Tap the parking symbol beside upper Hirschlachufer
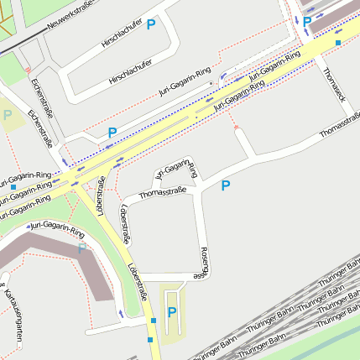pyautogui.click(x=151, y=25)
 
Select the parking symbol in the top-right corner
pyautogui.click(x=307, y=22)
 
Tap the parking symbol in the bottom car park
pyautogui.click(x=172, y=312)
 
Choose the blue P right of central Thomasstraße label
pyautogui.click(x=225, y=185)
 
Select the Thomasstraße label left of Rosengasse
pyautogui.click(x=162, y=192)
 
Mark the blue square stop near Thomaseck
pyautogui.click(x=338, y=42)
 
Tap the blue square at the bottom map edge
pyautogui.click(x=151, y=341)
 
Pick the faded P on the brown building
pyautogui.click(x=81, y=248)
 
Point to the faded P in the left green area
pyautogui.click(x=8, y=115)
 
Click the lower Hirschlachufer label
pyautogui.click(x=131, y=73)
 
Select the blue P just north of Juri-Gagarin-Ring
pyautogui.click(x=112, y=133)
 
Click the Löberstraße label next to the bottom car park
pyautogui.click(x=138, y=283)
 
